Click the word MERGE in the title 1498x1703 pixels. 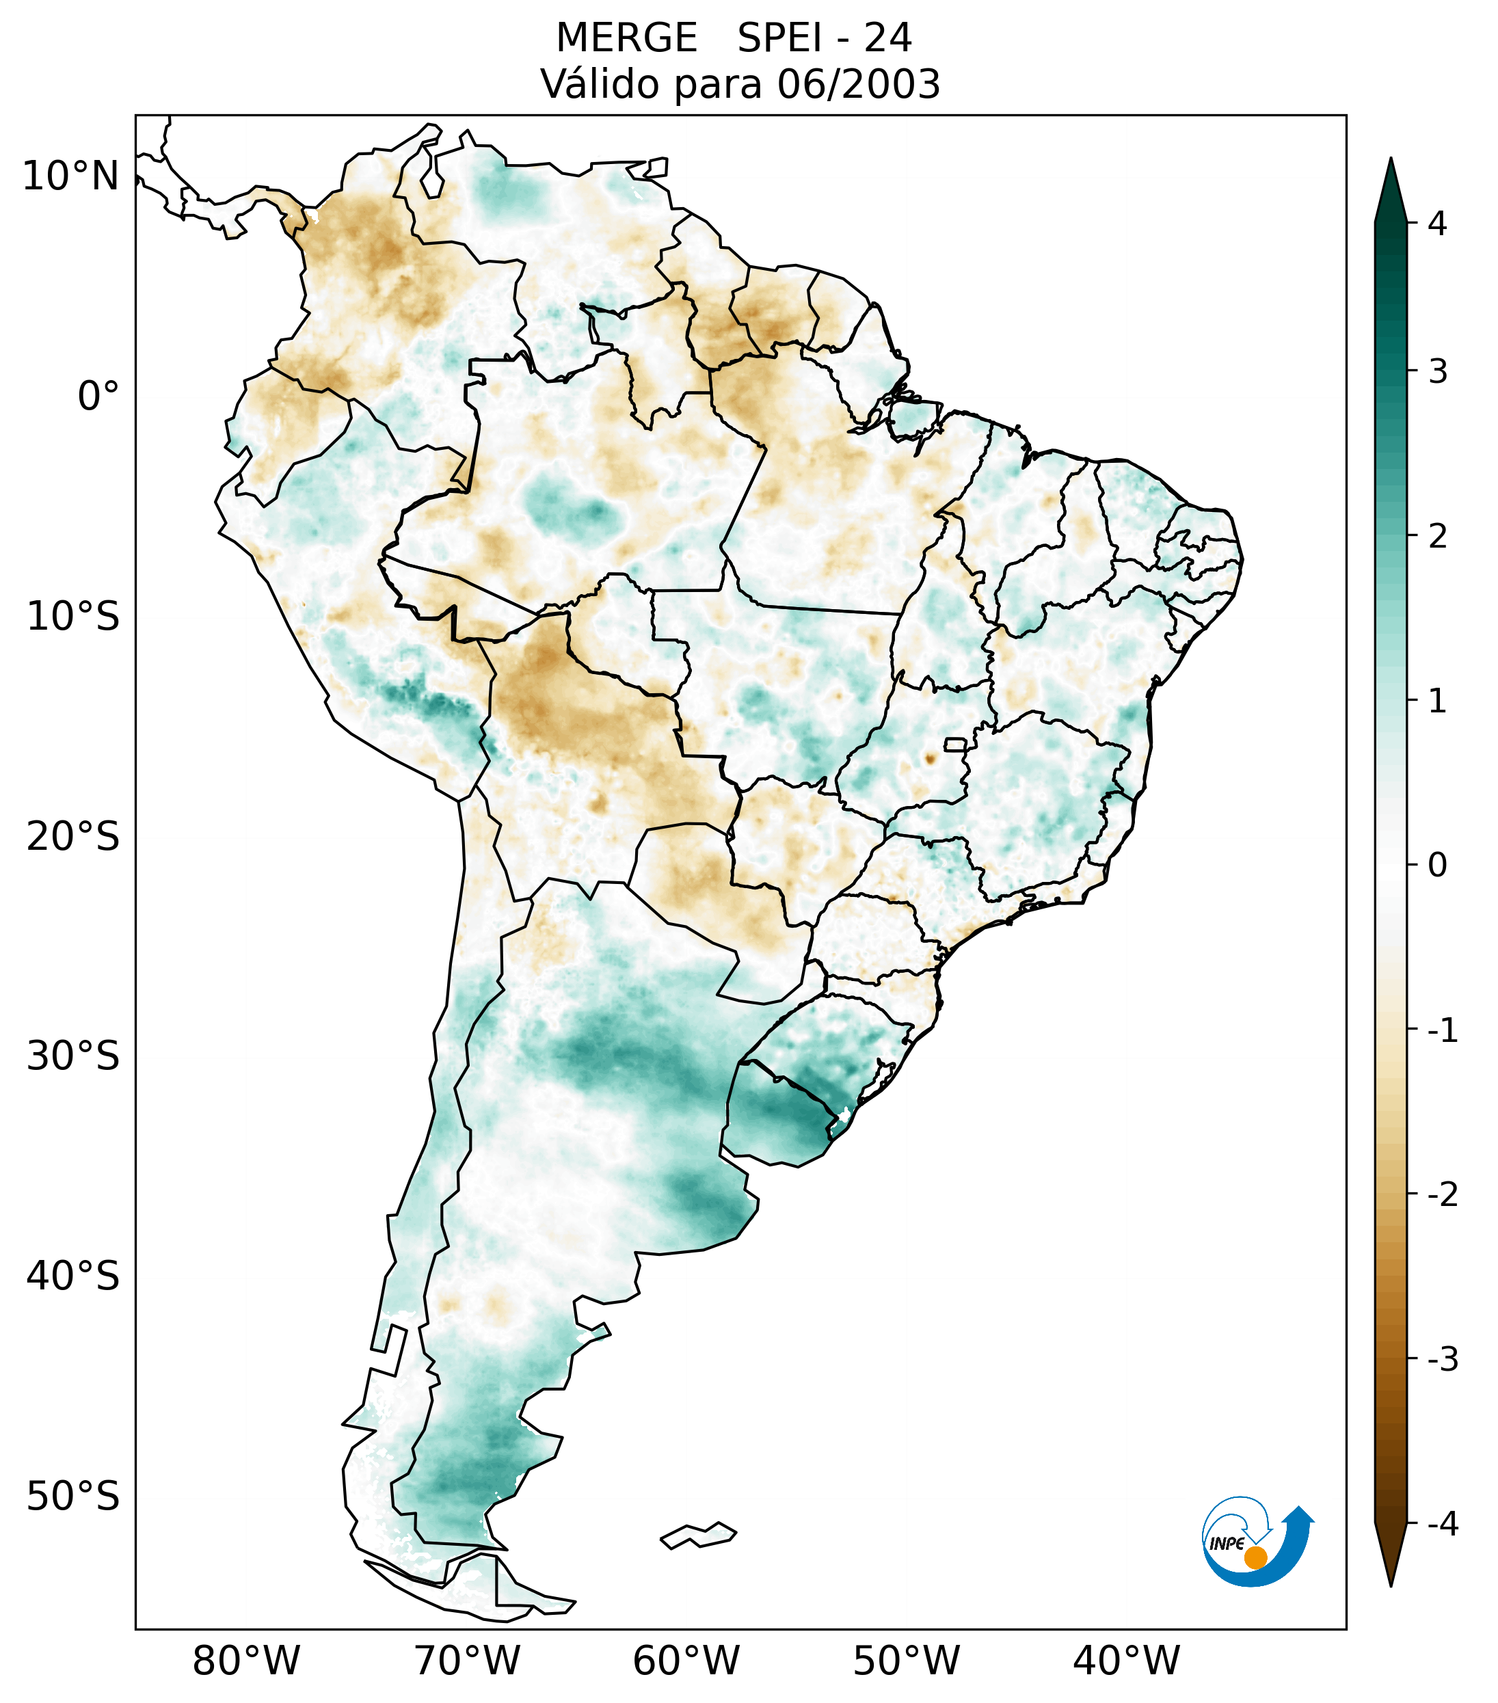[x=626, y=38]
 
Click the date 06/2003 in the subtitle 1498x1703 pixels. [x=858, y=84]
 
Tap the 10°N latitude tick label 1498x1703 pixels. [x=70, y=176]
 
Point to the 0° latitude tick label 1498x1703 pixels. [x=98, y=397]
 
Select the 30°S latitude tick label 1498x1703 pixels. [x=73, y=1056]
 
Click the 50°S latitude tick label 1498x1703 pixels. [x=73, y=1497]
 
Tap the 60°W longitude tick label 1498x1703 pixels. [x=686, y=1661]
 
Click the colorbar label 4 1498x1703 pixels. [x=1437, y=224]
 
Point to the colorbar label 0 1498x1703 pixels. [x=1437, y=866]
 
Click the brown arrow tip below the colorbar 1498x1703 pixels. [x=1390, y=1566]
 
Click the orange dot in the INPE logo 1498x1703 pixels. [x=1255, y=1557]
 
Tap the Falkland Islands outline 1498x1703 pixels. [x=698, y=1535]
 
